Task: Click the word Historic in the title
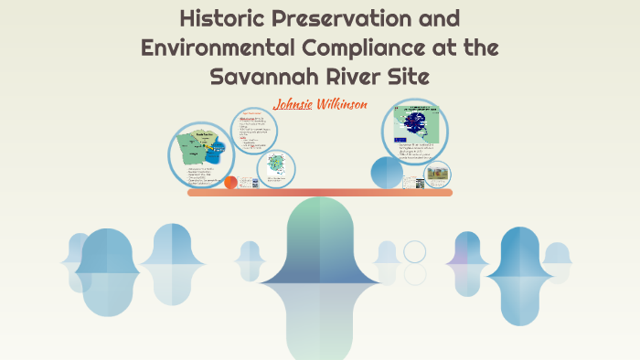click(221, 17)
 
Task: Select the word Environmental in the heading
click(221, 47)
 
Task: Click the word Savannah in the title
click(261, 76)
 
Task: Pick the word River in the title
click(350, 76)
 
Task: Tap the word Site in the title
click(408, 76)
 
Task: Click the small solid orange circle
click(230, 182)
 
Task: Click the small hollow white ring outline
click(415, 251)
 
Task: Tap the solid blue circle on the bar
click(387, 174)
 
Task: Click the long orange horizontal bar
click(320, 193)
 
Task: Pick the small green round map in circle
click(275, 167)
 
